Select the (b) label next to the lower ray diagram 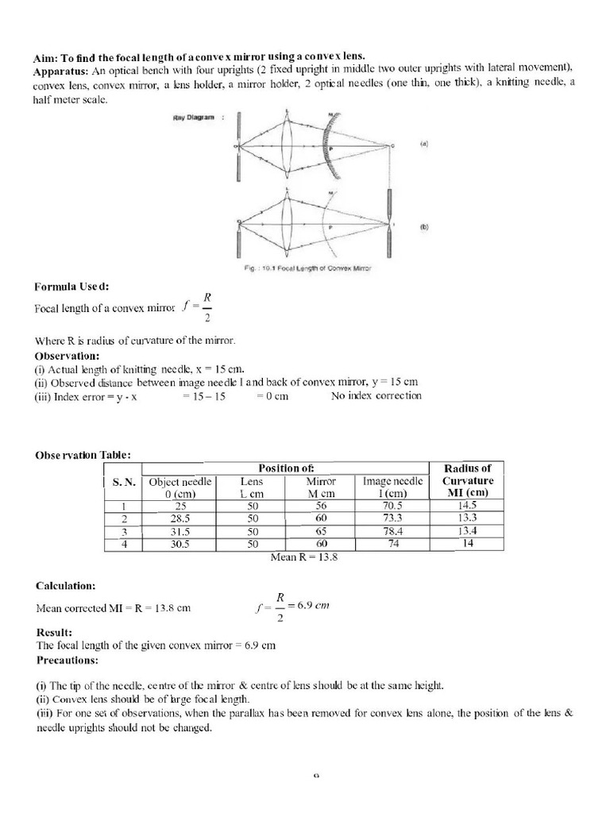click(x=423, y=225)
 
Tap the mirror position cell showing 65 click(x=321, y=531)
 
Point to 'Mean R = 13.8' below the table click(x=304, y=557)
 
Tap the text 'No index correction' click(x=376, y=395)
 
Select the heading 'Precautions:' click(x=68, y=660)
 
